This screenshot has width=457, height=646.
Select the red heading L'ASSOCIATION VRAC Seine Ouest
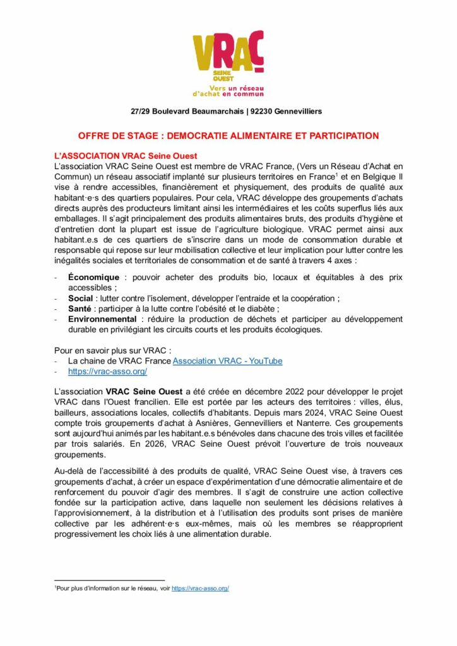click(x=126, y=156)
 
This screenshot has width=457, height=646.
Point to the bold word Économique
click(x=94, y=278)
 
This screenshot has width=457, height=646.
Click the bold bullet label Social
click(x=81, y=298)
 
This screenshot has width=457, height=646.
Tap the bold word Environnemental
click(x=102, y=319)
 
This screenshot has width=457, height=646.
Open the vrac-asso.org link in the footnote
click(x=200, y=588)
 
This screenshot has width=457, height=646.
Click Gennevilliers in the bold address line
click(x=295, y=111)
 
